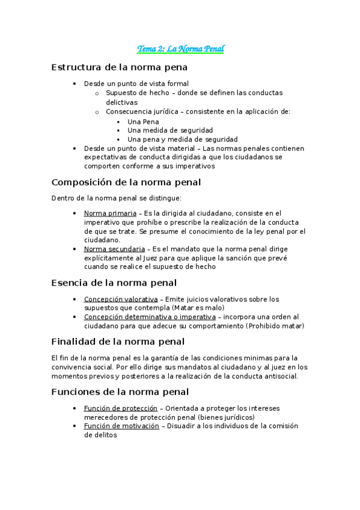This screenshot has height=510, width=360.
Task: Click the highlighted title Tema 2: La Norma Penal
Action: (x=180, y=48)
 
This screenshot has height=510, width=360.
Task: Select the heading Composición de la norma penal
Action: (x=126, y=182)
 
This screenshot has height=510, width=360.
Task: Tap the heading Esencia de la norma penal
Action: (x=114, y=282)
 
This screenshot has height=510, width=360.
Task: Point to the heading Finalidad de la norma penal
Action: (x=118, y=342)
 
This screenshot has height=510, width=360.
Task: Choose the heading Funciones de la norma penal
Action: (x=120, y=392)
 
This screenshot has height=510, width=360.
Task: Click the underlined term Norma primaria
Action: (x=110, y=213)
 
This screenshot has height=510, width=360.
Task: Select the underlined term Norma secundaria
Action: (x=114, y=248)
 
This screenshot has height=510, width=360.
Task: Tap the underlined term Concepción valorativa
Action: (x=121, y=299)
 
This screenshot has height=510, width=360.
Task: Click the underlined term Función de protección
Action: (x=121, y=408)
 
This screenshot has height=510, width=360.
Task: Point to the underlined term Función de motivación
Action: (x=121, y=426)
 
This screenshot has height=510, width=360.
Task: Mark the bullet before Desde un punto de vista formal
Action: (x=73, y=84)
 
